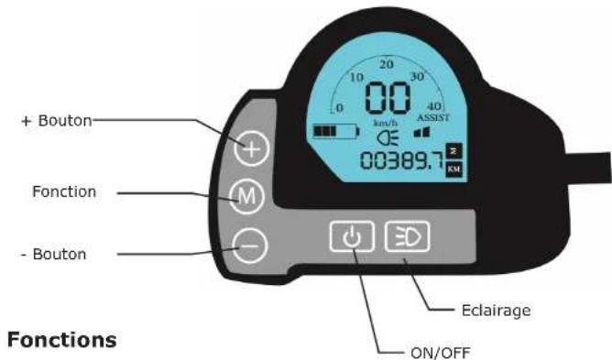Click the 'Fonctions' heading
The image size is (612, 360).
(x=62, y=340)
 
